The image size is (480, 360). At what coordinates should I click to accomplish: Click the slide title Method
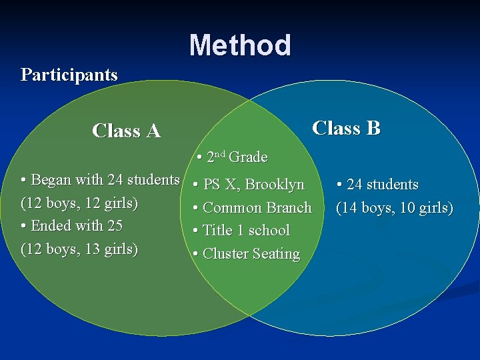pyautogui.click(x=240, y=45)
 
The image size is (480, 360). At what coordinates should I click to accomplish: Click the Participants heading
pyautogui.click(x=69, y=74)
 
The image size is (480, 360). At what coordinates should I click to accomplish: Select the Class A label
pyautogui.click(x=127, y=131)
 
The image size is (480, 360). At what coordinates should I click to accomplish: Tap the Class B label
pyautogui.click(x=346, y=128)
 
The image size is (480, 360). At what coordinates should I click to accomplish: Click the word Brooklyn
pyautogui.click(x=275, y=185)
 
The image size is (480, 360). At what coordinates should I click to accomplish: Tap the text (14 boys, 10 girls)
pyautogui.click(x=394, y=208)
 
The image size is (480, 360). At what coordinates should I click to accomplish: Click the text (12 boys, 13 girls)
pyautogui.click(x=80, y=249)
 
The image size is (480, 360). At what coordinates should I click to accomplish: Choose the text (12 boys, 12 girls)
pyautogui.click(x=80, y=203)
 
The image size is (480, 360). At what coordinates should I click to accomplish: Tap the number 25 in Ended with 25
pyautogui.click(x=115, y=226)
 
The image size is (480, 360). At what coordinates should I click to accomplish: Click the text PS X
pyautogui.click(x=220, y=185)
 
